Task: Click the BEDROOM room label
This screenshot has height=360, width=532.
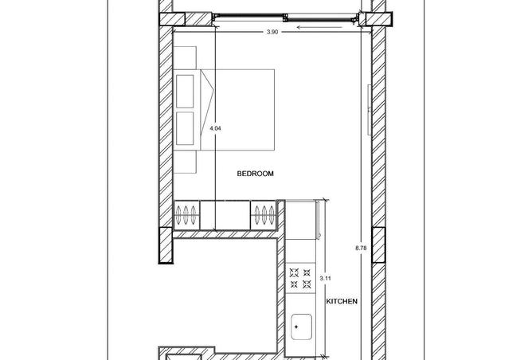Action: coord(255,174)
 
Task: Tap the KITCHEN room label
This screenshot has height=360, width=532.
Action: coord(342,301)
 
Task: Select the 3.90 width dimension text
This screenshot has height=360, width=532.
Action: coord(272,32)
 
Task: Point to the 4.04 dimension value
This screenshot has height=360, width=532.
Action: coord(216,128)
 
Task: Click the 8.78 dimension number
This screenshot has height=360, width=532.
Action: coord(361,248)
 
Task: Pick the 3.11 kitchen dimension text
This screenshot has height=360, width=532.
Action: coord(326,279)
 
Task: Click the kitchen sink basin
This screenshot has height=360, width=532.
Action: coord(301,327)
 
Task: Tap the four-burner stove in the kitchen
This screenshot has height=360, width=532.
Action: coord(300,278)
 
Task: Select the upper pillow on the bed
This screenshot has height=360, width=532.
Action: coord(185,92)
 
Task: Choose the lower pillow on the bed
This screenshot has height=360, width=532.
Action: coord(185,128)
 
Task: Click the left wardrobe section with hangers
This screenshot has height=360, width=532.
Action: coord(186,215)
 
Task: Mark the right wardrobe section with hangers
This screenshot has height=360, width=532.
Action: coord(264,215)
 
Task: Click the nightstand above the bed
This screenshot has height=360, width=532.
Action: coord(185,58)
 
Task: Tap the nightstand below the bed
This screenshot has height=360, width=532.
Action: coord(185,162)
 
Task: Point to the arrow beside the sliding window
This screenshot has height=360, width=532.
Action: coord(319,27)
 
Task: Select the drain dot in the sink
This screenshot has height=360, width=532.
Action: coord(296,327)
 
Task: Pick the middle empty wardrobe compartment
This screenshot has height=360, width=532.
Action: coord(225,215)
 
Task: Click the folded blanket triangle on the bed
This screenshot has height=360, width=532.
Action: coord(207,110)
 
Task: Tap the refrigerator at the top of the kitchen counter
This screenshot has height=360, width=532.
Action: coord(300,220)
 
